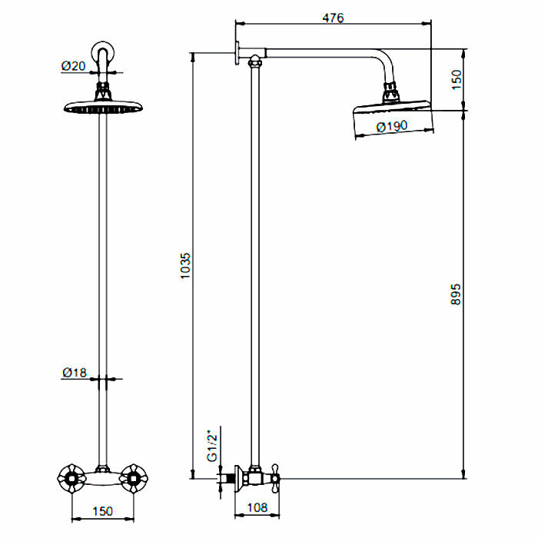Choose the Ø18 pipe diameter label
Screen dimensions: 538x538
point(74,373)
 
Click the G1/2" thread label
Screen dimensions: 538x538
point(213,444)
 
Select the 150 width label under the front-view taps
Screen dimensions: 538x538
point(102,510)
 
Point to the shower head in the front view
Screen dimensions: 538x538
point(102,107)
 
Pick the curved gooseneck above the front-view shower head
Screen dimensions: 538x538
point(103,58)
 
